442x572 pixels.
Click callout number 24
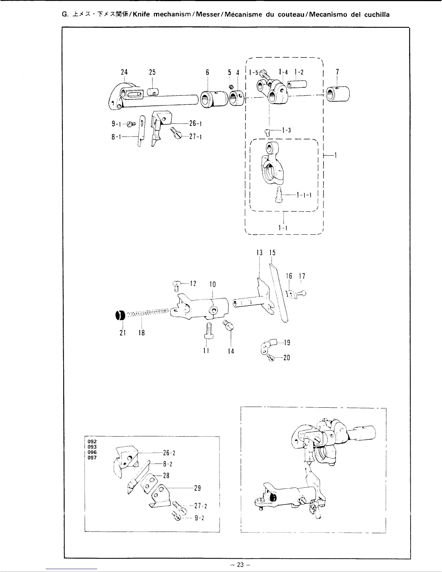(x=124, y=72)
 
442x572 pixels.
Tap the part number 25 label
(x=152, y=72)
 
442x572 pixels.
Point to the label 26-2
(x=169, y=453)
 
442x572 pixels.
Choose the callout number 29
(x=198, y=488)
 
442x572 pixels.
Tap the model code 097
(x=92, y=458)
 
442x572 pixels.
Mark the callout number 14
(x=231, y=351)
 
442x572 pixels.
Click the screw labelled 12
(x=176, y=286)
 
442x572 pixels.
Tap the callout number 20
(x=286, y=358)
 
